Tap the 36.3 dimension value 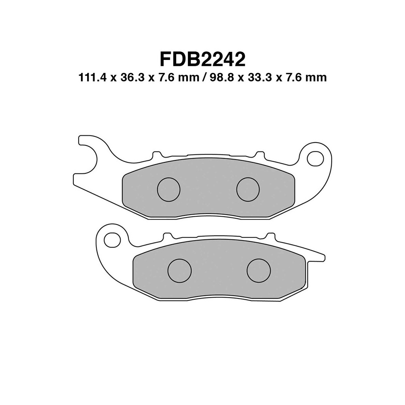point(132,78)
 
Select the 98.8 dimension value point(222,78)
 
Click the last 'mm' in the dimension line point(317,78)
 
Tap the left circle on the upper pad point(168,190)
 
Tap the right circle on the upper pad point(248,190)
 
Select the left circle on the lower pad point(179,270)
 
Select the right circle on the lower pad point(258,270)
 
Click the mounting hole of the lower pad point(112,240)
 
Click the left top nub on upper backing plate point(155,155)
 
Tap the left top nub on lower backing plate point(166,236)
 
